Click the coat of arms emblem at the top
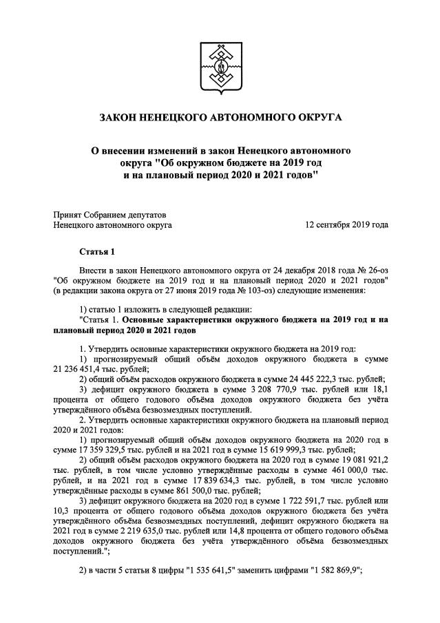tap(220, 67)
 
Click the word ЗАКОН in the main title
tap(118, 120)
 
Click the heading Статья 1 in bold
tap(96, 251)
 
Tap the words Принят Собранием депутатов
tap(109, 214)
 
